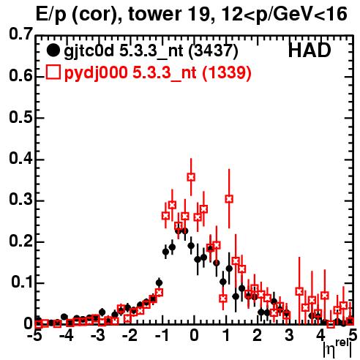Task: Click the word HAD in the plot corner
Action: [x=310, y=50]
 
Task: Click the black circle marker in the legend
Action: [x=53, y=50]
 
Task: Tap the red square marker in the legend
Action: [x=53, y=72]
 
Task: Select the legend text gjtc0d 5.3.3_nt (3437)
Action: [x=151, y=51]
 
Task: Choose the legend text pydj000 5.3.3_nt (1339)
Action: [x=158, y=73]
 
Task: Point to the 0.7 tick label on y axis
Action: [x=20, y=34]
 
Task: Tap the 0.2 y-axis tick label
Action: [x=20, y=241]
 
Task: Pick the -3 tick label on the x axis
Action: [x=98, y=335]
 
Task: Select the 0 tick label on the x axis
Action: [x=194, y=335]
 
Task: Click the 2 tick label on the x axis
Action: [x=258, y=335]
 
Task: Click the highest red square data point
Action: [x=191, y=177]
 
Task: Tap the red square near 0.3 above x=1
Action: [x=229, y=199]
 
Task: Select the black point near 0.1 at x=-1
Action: [x=159, y=283]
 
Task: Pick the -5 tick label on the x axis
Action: [x=34, y=335]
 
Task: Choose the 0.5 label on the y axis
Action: [x=20, y=117]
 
